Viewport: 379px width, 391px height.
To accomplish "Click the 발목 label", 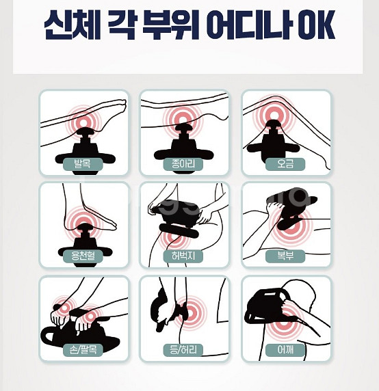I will (83, 164).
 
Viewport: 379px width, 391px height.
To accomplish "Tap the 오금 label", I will (285, 164).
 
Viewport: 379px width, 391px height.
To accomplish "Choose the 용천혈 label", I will (83, 257).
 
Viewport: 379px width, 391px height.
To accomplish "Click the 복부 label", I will (285, 257).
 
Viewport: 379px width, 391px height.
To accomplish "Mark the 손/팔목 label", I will (83, 350).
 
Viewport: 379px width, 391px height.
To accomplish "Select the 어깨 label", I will (285, 350).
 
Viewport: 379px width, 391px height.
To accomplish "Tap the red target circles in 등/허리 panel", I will (192, 312).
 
